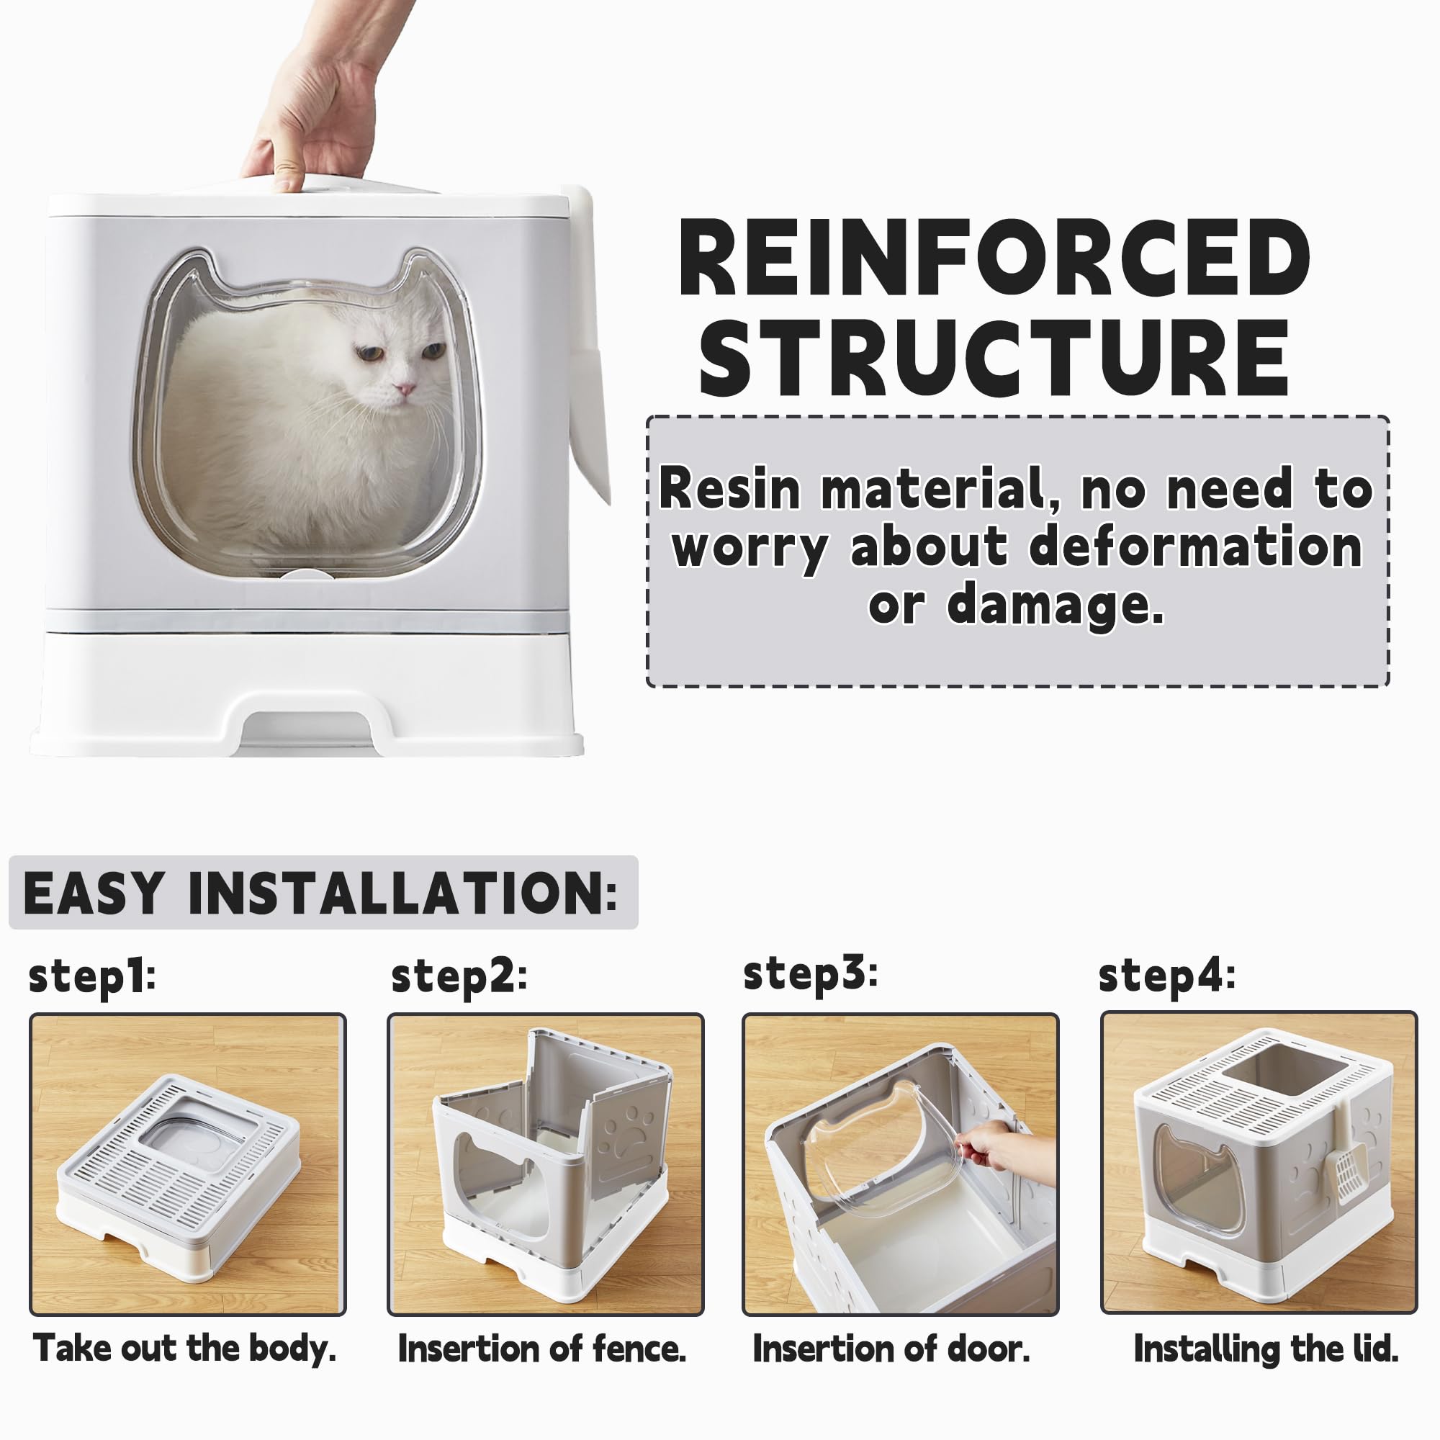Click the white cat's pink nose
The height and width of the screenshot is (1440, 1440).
[x=405, y=388]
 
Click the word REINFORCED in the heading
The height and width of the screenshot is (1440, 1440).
[x=994, y=258]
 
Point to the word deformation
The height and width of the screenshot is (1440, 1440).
[x=1195, y=546]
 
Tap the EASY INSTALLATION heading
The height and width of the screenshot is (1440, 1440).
[x=320, y=892]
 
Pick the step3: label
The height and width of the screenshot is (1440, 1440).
[x=811, y=973]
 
